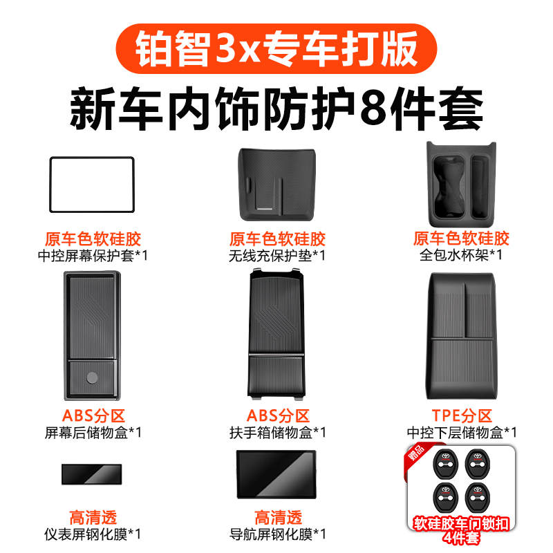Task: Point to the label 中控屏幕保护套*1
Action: pyautogui.click(x=93, y=255)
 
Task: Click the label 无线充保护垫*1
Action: pyautogui.click(x=277, y=255)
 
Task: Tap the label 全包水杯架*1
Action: pyautogui.click(x=461, y=255)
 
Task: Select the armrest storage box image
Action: pyautogui.click(x=276, y=335)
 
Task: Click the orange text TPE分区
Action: pyautogui.click(x=461, y=416)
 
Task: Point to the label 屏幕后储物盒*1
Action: pyautogui.click(x=93, y=433)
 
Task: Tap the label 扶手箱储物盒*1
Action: pyautogui.click(x=277, y=433)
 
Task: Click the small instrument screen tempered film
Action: pyautogui.click(x=91, y=474)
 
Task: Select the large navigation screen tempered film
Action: pyautogui.click(x=276, y=474)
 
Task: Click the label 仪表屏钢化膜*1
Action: pyautogui.click(x=93, y=534)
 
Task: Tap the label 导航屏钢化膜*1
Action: pyautogui.click(x=277, y=534)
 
